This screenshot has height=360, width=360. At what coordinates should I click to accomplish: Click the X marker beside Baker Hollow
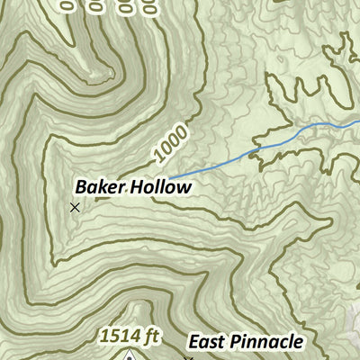click(75, 207)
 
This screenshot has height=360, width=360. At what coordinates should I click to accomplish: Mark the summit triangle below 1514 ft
click(131, 356)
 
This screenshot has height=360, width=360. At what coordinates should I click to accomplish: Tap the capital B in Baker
click(80, 188)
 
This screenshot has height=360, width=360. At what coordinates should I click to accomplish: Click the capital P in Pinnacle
click(235, 342)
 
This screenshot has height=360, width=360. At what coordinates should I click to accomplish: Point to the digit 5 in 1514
click(113, 337)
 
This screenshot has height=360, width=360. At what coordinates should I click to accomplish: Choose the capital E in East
click(193, 342)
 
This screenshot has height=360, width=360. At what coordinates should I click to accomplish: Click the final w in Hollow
click(184, 188)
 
